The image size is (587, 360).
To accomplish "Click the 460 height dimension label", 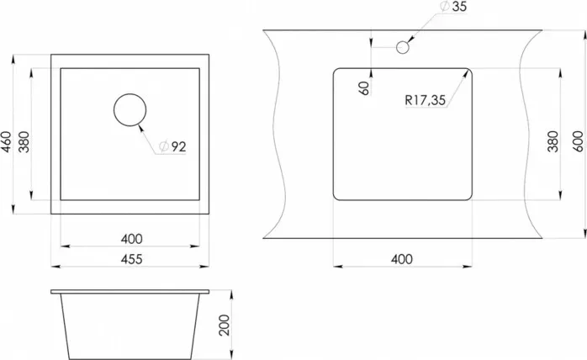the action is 6,141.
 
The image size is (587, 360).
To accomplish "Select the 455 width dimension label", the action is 131,259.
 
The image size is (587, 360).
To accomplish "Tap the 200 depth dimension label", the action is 224,326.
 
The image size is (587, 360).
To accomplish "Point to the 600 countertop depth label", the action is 578,141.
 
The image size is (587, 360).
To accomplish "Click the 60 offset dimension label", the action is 364,88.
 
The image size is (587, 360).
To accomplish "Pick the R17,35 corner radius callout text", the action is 426,100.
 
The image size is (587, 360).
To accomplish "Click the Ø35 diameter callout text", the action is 454,7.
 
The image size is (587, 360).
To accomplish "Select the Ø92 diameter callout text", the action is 172,146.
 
